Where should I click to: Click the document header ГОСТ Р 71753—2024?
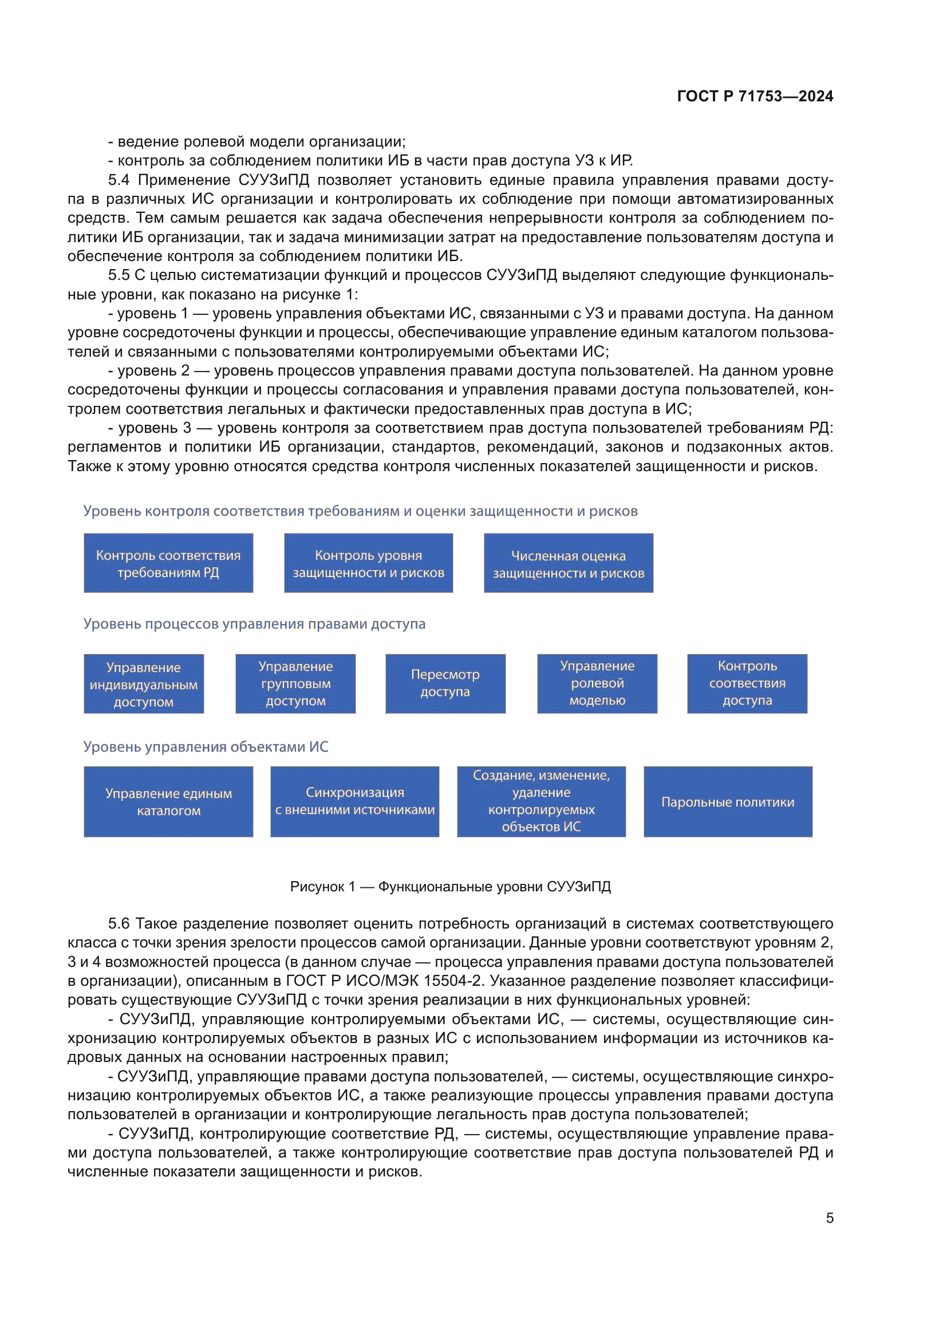coord(755,96)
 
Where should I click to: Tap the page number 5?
coord(829,1218)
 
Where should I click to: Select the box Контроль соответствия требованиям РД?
coord(168,563)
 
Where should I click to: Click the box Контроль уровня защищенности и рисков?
coord(368,563)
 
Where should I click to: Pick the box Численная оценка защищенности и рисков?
coord(568,563)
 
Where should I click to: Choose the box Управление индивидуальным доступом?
coord(144,684)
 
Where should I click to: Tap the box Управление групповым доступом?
coord(295,684)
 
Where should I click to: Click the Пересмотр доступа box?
coord(445,684)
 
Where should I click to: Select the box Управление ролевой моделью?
coord(597,684)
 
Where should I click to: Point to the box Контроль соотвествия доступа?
coord(747,684)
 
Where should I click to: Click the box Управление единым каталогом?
coord(168,802)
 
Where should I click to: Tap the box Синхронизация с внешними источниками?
coord(354,802)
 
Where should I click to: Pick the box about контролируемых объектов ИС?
coord(541,802)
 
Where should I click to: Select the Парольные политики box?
coord(728,802)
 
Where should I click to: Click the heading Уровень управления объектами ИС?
coord(206,746)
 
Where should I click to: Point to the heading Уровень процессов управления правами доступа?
coord(254,623)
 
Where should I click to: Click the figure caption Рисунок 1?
coord(450,886)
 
